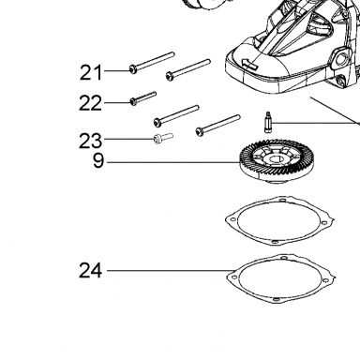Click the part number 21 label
click(91, 72)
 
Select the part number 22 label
click(90, 103)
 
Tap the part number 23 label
click(90, 141)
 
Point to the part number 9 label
click(98, 161)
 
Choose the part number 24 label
click(90, 271)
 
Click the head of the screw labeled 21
click(133, 69)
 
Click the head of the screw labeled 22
click(133, 101)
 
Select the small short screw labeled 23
click(163, 138)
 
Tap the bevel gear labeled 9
click(272, 162)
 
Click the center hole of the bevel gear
click(274, 159)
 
